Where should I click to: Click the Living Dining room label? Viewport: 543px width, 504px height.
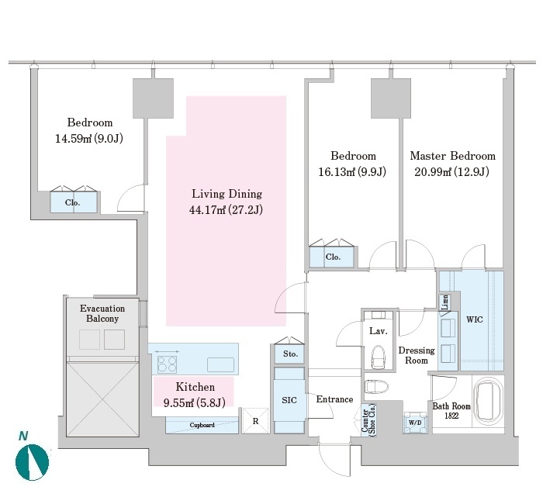pos(227,194)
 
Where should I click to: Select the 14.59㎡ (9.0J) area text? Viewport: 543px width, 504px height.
pos(90,139)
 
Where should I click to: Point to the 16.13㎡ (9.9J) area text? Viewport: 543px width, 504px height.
pos(353,172)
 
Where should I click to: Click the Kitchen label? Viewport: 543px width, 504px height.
pos(195,386)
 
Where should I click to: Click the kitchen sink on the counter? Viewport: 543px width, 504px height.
pos(220,363)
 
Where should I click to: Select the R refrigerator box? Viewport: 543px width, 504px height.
pos(255,422)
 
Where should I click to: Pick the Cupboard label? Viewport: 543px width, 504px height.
pos(202,425)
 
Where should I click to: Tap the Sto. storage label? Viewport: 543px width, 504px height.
pos(290,354)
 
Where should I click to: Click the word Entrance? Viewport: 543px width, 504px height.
pos(334,399)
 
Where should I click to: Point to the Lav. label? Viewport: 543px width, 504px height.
pos(378,330)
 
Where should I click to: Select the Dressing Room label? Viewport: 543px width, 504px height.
pos(417,355)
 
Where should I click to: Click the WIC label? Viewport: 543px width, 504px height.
pos(474,319)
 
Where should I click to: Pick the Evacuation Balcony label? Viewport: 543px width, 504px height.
pos(102,313)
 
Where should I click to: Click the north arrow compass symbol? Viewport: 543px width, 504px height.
pos(32,462)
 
